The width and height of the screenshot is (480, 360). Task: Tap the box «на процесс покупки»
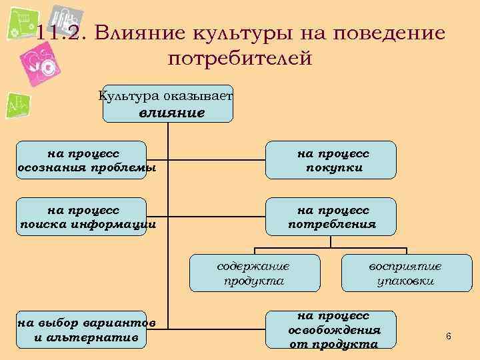(331, 160)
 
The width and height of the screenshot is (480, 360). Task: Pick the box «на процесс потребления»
(331, 217)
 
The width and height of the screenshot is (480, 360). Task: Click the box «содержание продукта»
(253, 273)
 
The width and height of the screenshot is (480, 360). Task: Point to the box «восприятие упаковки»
(405, 273)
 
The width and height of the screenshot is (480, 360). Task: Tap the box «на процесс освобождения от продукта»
(331, 329)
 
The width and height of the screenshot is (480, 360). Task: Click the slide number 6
(448, 337)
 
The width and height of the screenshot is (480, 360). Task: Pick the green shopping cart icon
(23, 24)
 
